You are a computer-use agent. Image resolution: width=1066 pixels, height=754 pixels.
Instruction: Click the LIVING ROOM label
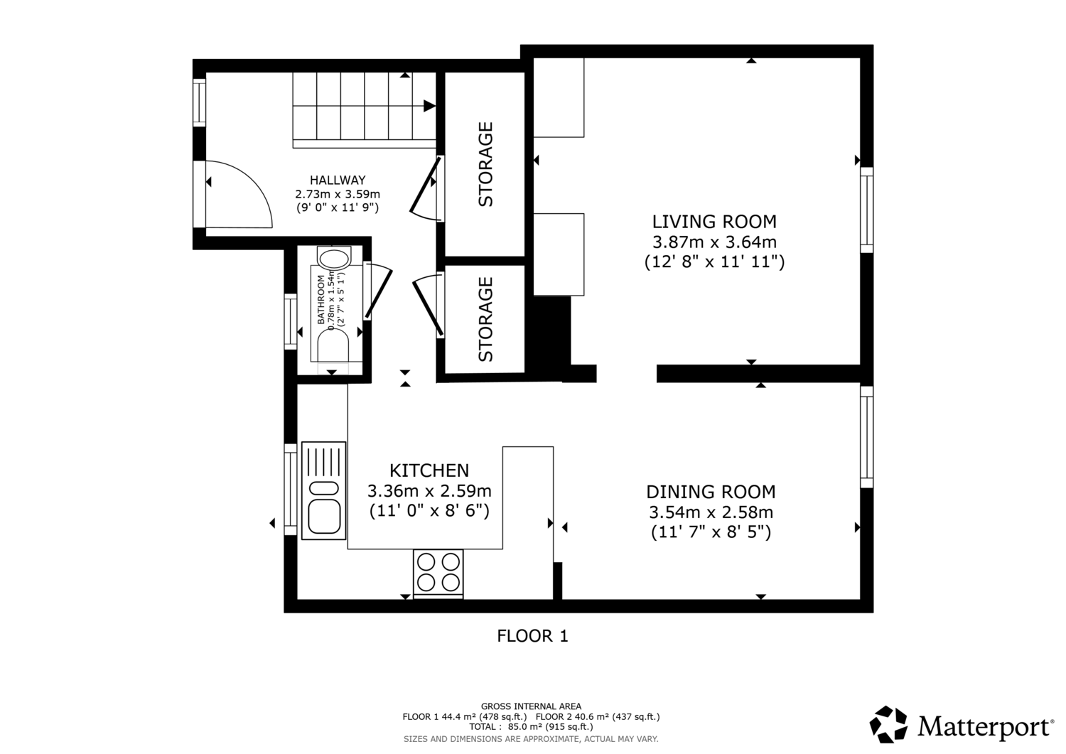tap(714, 222)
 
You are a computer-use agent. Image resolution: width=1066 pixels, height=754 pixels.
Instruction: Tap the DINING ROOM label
tap(711, 492)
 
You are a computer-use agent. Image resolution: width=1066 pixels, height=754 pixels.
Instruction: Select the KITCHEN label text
tap(429, 470)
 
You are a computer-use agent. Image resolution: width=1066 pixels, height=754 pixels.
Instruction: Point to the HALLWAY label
tap(338, 180)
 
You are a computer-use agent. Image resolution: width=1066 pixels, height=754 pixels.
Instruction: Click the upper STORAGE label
tap(485, 164)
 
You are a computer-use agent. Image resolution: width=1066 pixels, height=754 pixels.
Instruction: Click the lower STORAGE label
tap(485, 319)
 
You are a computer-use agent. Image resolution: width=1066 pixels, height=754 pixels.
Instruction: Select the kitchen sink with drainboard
tap(323, 490)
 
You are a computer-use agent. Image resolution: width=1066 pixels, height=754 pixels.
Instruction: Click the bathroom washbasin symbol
tap(335, 259)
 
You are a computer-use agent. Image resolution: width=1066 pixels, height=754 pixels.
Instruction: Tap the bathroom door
tap(378, 291)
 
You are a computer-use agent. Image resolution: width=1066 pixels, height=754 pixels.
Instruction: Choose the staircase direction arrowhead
tap(429, 106)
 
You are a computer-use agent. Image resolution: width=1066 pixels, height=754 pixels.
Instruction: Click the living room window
tap(866, 210)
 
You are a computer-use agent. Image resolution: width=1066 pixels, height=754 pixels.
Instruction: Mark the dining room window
tap(866, 437)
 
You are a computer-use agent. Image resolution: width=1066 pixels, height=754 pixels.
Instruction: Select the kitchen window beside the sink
tap(290, 490)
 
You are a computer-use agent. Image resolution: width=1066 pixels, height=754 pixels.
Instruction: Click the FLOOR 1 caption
tap(532, 636)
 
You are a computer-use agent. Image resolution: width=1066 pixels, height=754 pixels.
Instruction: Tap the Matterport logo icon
tap(888, 724)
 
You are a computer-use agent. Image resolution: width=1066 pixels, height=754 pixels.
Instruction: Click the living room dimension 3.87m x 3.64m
tap(714, 242)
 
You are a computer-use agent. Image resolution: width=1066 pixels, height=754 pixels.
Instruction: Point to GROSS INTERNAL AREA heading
tap(531, 706)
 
